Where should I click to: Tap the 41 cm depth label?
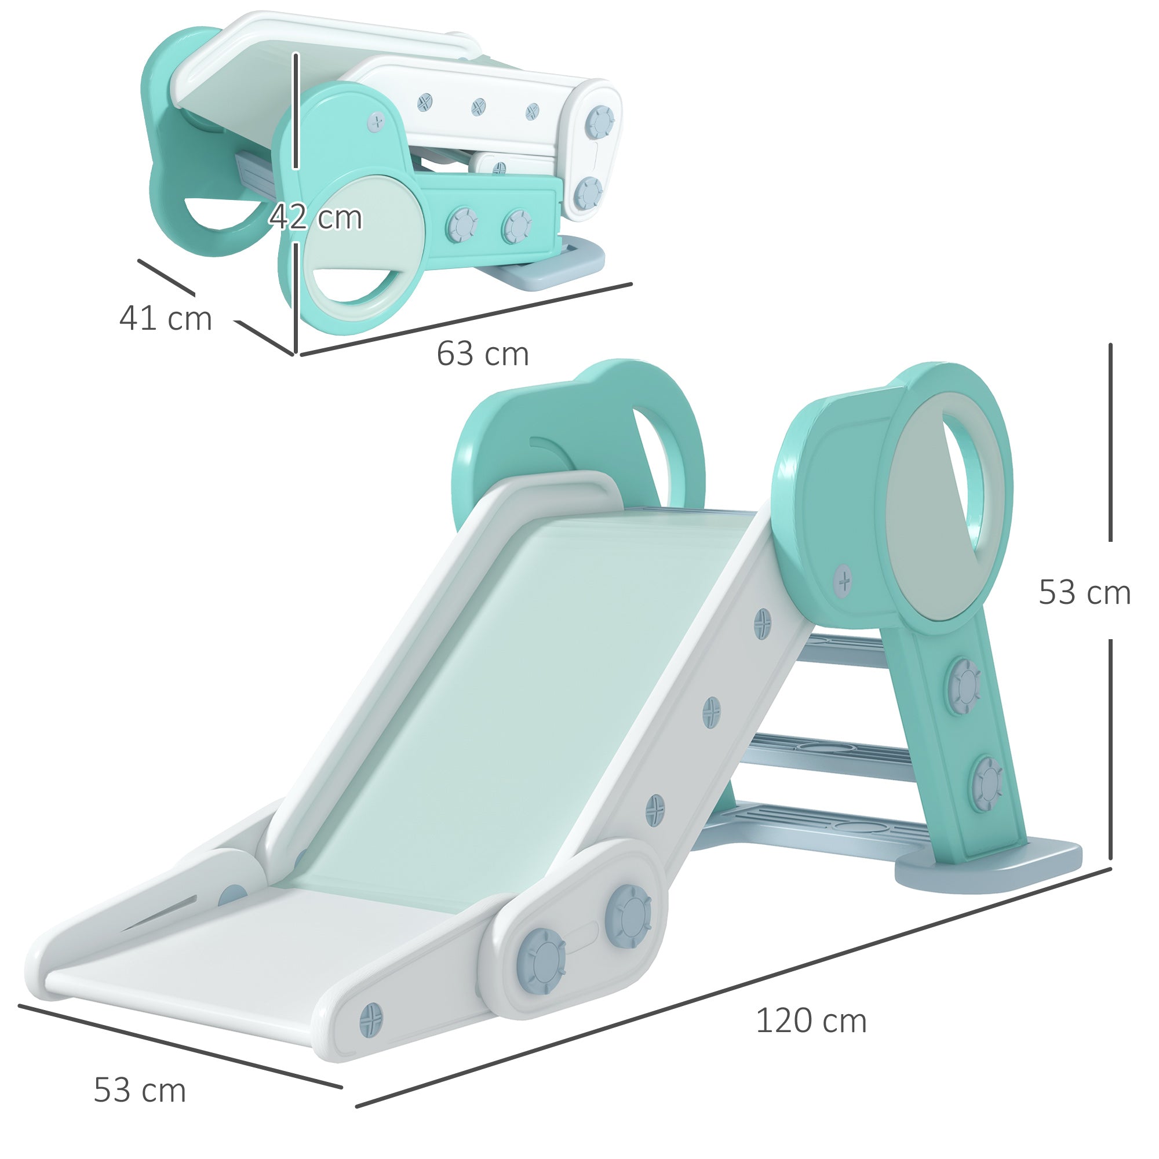166,319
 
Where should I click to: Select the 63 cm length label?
482,354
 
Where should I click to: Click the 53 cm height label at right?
1085,593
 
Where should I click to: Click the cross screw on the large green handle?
843,580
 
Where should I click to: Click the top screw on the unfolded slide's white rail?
763,621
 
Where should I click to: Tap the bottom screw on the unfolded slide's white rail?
655,810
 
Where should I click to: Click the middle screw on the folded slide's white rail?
478,107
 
